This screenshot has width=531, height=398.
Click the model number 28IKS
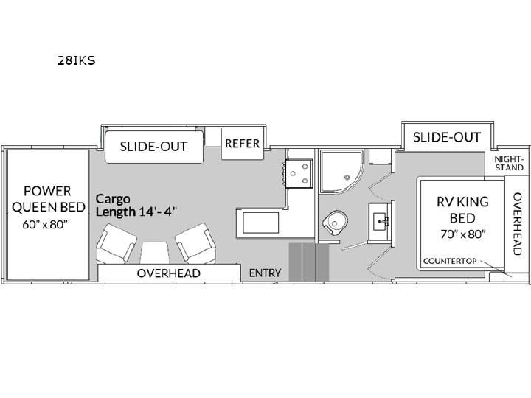76,60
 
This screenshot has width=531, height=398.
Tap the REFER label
242,144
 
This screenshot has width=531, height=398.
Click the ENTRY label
265,273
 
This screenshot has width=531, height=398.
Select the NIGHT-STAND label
509,163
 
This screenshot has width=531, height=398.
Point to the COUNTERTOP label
450,261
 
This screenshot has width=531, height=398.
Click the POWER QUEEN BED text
48,199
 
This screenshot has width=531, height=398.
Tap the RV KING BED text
462,210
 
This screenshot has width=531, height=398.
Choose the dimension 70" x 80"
463,234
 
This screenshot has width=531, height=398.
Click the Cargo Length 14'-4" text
136,205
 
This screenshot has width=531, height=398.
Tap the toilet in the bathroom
335,223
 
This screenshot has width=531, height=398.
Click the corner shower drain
347,178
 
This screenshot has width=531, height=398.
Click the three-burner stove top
299,173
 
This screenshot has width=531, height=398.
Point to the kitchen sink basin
261,223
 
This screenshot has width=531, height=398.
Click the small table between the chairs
155,253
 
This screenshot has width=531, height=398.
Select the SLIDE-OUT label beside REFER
153,147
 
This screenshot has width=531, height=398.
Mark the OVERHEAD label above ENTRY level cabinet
169,273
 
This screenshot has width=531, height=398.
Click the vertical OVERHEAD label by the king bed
517,224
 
